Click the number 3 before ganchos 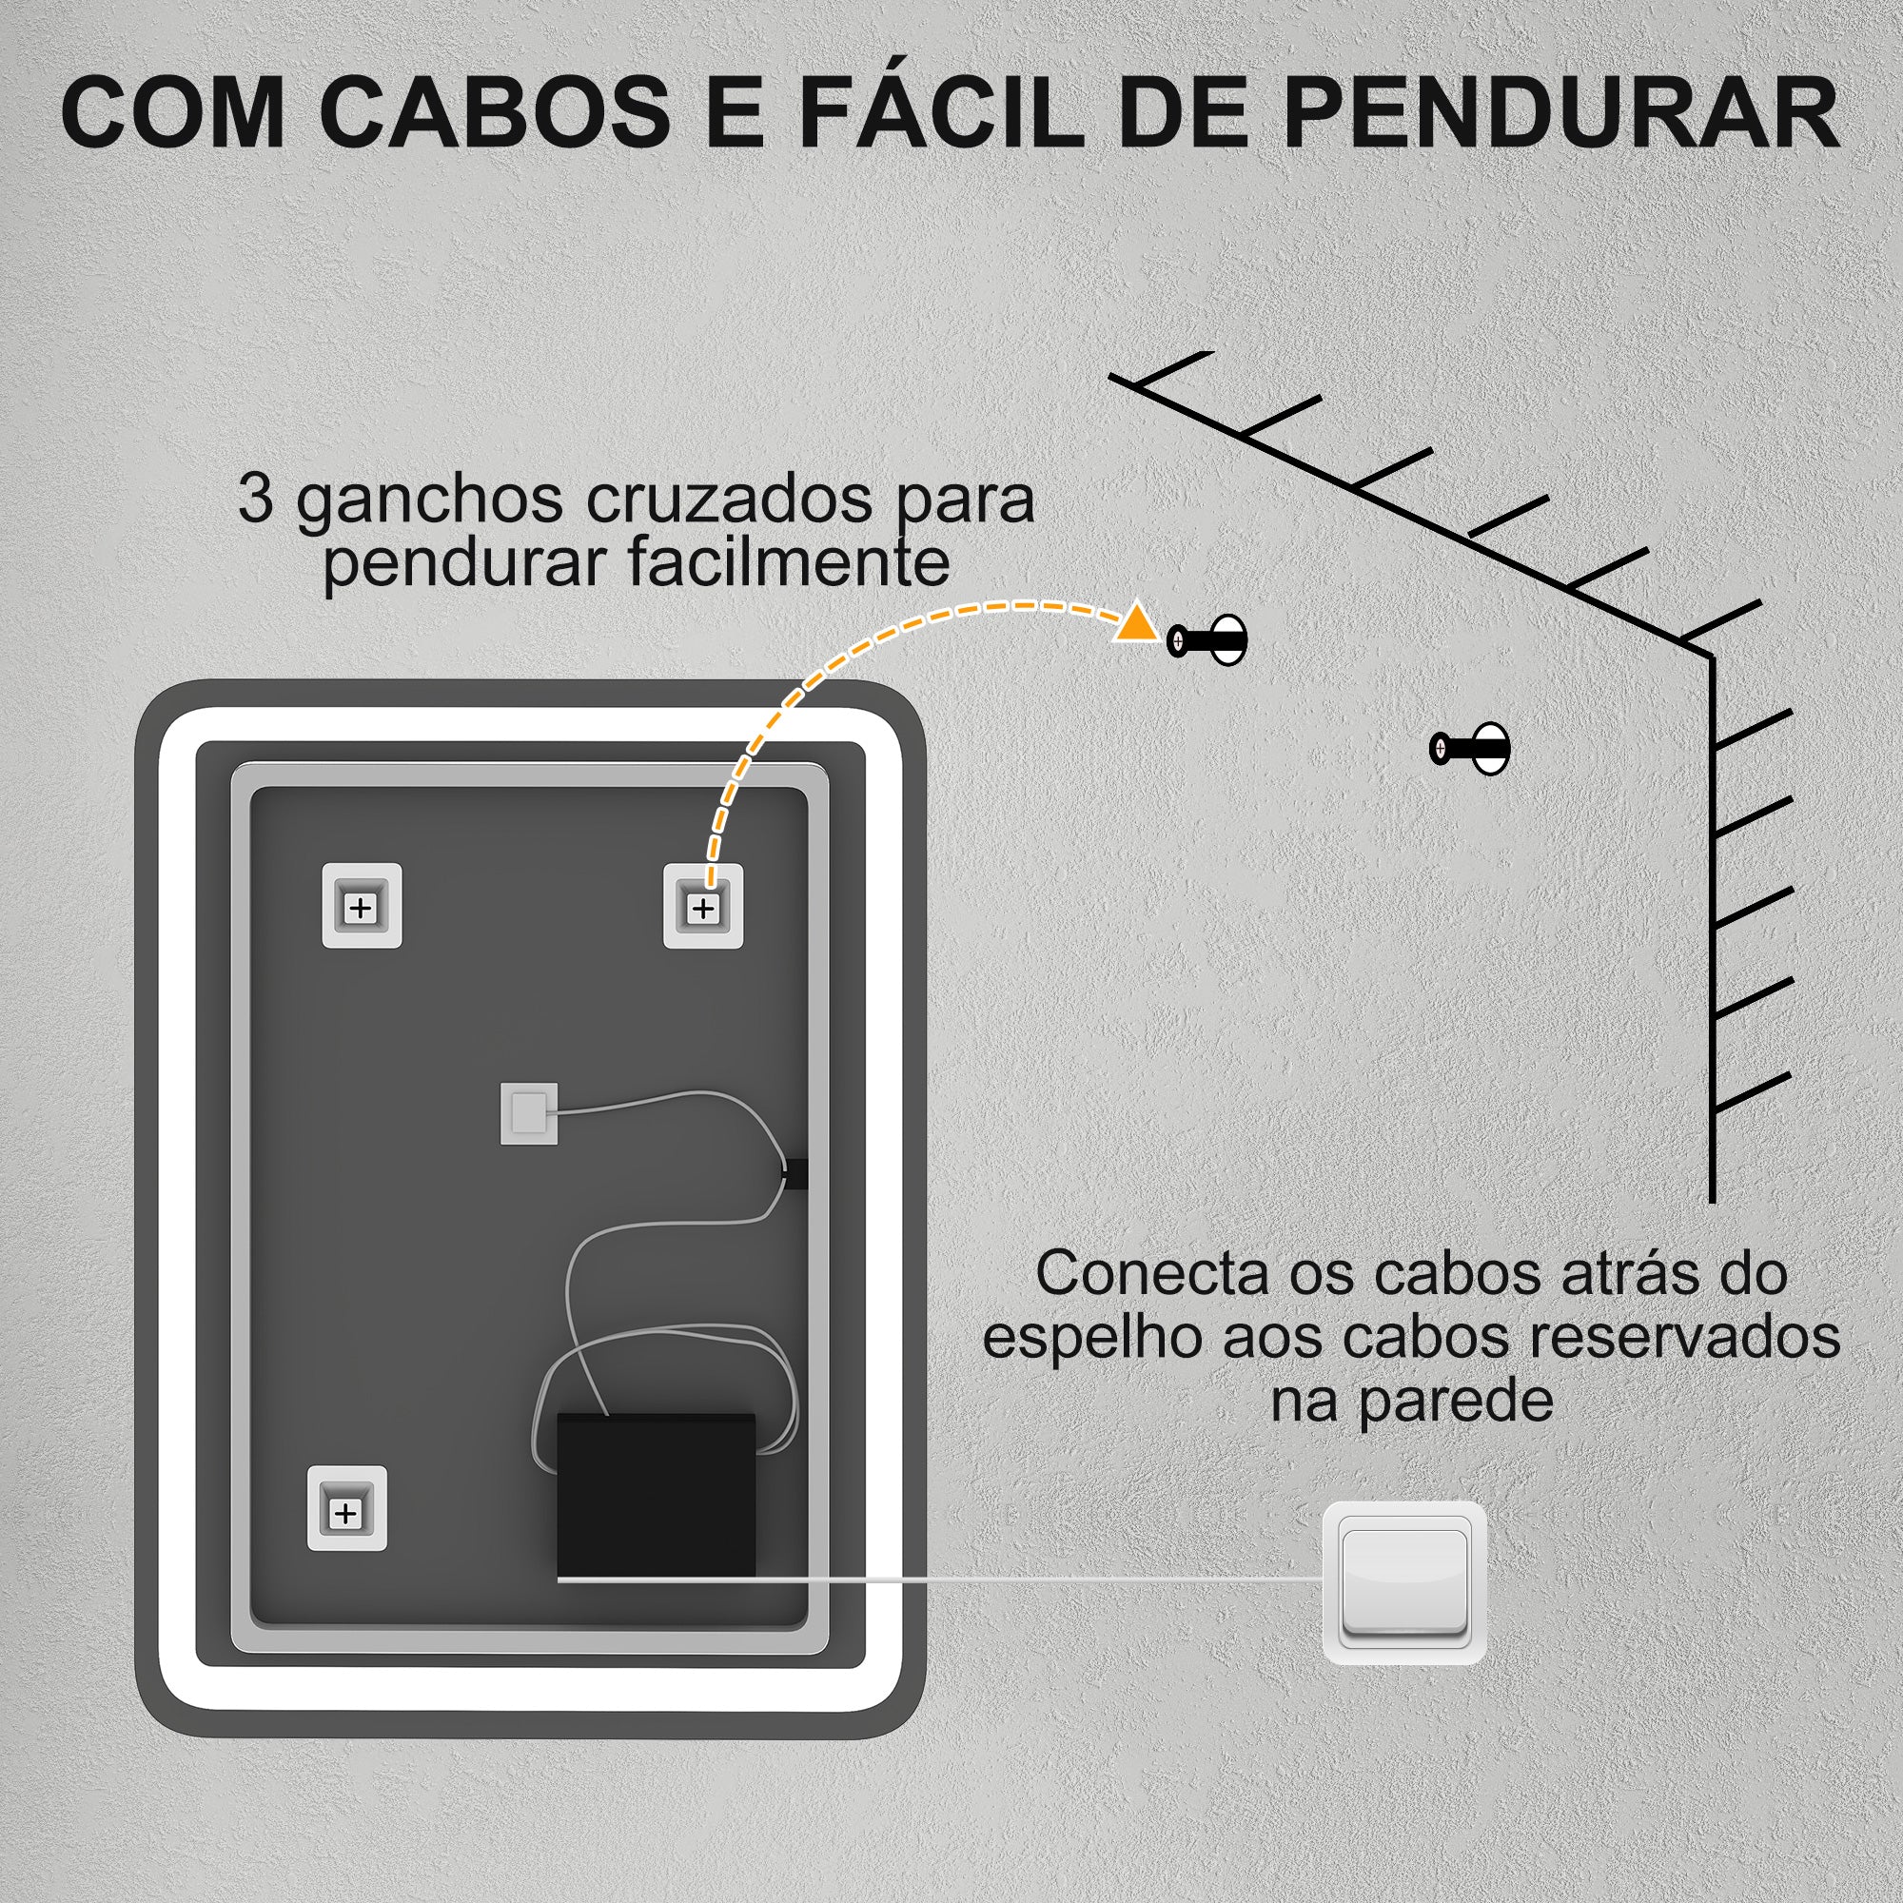pyautogui.click(x=255, y=500)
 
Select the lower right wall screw pyautogui.click(x=1470, y=749)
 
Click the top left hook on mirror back pyautogui.click(x=362, y=906)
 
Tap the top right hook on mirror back pyautogui.click(x=702, y=906)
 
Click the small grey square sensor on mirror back pyautogui.click(x=529, y=1114)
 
